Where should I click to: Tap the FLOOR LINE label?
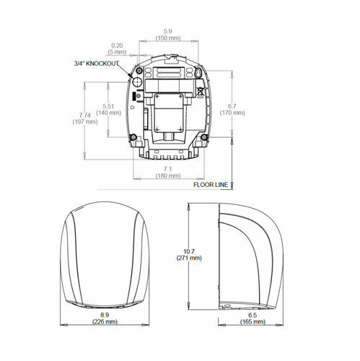point(210,185)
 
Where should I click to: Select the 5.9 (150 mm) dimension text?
point(167,35)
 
